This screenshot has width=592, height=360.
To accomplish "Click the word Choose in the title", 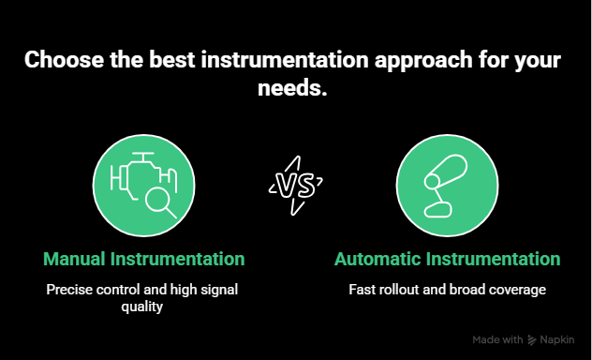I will pos(59,62).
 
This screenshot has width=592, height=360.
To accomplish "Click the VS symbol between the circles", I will pos(295,182).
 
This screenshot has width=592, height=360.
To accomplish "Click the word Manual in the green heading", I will pos(76,259).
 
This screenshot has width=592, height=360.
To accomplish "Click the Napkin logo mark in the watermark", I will pos(532,340).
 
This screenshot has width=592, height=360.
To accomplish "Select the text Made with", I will pos(497,340).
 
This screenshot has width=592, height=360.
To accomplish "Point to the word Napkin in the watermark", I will pos(559,340).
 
